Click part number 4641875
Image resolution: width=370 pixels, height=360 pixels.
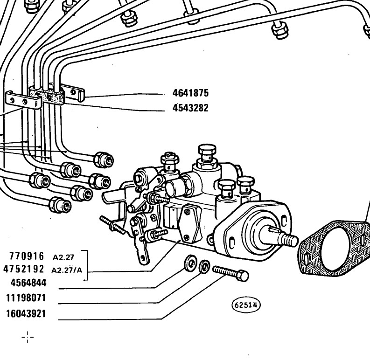pos(191,93)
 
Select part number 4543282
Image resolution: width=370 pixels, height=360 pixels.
pos(191,108)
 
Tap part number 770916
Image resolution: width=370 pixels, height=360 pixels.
pos(27,256)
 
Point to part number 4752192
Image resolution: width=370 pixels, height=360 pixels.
pos(24,269)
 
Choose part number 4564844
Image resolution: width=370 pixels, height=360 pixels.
pos(28,283)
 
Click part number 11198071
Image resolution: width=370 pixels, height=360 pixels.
pos(26,298)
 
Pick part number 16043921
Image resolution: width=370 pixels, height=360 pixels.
pos(26,314)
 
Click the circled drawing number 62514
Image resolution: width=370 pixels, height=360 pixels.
pos(246,305)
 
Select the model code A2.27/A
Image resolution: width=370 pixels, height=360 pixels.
pos(67,270)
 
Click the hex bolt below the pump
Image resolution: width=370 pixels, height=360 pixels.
pos(230,273)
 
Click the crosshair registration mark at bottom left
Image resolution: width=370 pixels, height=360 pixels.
pos(28,337)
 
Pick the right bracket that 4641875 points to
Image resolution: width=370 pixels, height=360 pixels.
pos(73,93)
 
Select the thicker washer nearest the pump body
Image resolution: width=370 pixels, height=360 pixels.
pos(190,263)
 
